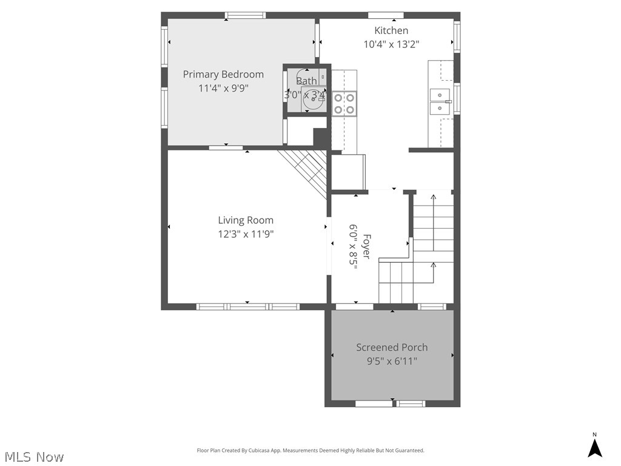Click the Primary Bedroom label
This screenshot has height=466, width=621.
coord(223,74)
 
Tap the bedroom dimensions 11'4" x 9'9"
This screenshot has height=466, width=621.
coord(223,88)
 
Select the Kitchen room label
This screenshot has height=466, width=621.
coord(391,30)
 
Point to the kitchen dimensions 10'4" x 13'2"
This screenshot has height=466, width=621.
coord(391,44)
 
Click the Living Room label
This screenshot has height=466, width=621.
coord(246,220)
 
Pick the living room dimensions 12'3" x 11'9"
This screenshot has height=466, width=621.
coord(246,234)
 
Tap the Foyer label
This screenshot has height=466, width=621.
coord(366,246)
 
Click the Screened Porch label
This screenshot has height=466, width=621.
coord(392,347)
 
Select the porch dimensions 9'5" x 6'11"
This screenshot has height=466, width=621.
coord(392,361)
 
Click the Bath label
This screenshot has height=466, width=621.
coord(306,81)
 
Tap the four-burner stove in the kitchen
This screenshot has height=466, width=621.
coord(344,103)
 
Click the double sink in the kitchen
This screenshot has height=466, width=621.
coord(440,101)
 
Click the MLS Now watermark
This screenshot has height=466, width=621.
coord(33,456)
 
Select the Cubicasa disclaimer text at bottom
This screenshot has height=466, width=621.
coord(310,450)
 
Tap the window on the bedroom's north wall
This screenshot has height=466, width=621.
coord(245,15)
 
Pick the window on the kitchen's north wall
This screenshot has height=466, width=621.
coord(386,15)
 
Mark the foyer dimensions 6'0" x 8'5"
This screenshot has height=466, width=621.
coord(352,246)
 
